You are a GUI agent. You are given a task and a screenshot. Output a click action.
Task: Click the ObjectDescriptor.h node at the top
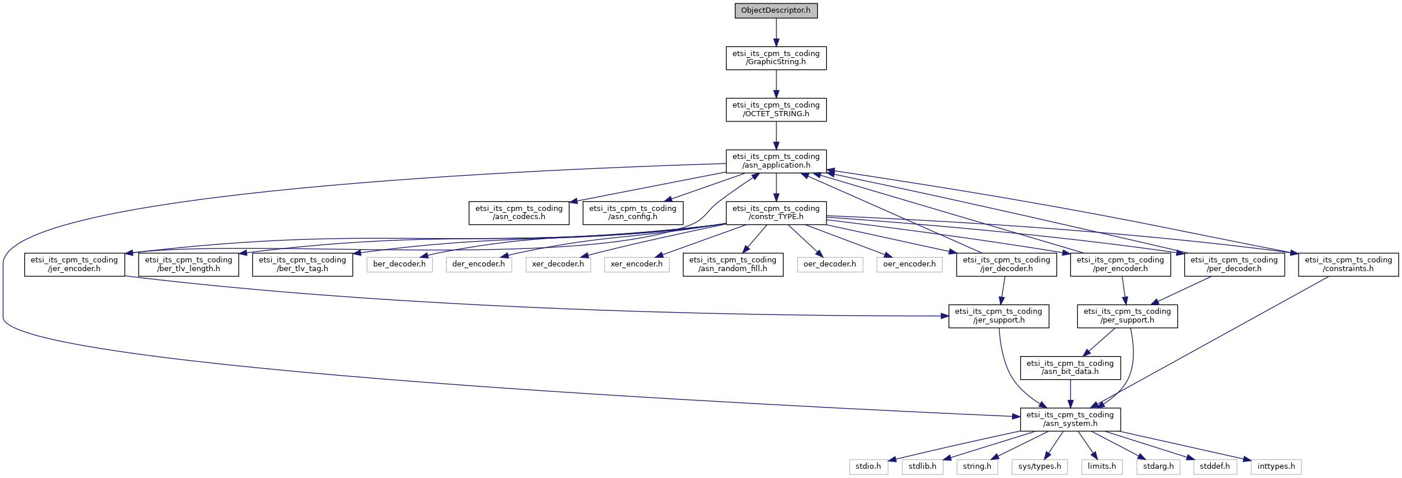coord(776,10)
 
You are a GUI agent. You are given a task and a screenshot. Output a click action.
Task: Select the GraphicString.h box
coord(776,58)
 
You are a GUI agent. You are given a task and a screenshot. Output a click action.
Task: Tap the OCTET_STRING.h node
coord(776,109)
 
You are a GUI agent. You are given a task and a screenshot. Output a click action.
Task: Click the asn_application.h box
coord(776,161)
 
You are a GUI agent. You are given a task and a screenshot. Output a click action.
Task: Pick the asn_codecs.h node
coord(519,213)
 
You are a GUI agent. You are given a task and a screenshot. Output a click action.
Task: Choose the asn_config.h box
coord(633,213)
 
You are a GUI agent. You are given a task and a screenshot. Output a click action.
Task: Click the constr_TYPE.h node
coord(776,213)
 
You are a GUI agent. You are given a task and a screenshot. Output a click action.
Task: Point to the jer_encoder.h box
coord(75,264)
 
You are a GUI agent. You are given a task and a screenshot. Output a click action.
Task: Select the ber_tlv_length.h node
coord(188,264)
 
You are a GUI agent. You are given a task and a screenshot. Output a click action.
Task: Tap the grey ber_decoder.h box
coord(399,264)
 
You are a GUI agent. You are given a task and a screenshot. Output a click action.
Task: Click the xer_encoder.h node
coord(637,264)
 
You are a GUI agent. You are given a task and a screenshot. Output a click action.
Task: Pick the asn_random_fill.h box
coord(732,264)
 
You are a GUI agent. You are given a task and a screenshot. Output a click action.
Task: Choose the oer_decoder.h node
coord(830,264)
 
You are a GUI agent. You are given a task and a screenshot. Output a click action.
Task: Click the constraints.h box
coord(1348,264)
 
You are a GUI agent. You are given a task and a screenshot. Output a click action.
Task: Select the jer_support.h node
coord(998,316)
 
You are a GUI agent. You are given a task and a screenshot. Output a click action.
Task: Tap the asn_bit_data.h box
coord(1070,368)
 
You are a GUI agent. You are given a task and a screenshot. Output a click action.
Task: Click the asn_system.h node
coord(1070,419)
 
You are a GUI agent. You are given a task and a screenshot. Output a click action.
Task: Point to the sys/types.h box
coord(1039,466)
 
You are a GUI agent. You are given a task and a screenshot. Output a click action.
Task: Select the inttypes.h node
coord(1276,466)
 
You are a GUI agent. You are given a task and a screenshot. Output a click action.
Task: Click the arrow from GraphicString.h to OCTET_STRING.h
coord(776,84)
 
